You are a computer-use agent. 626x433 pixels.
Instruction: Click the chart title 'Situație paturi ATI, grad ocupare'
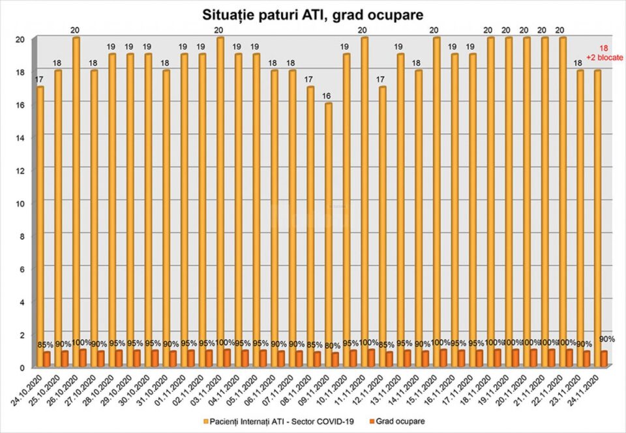[313, 14]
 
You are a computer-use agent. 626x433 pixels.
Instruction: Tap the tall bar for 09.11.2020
[328, 228]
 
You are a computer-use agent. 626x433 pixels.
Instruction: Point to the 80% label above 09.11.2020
[333, 346]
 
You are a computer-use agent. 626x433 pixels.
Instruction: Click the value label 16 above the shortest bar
[328, 95]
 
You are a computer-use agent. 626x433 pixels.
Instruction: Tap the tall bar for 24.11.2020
[597, 215]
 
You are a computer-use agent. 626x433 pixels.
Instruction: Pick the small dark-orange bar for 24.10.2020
[47, 359]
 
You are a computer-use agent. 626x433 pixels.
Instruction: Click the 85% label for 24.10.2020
[45, 345]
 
